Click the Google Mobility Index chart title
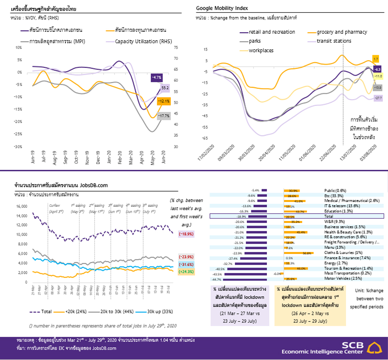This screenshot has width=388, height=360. tap(222, 8)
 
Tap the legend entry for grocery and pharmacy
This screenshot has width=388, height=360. tap(341, 32)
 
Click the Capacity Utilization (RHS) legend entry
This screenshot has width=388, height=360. tap(144, 41)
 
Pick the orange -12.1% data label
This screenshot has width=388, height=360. tap(163, 101)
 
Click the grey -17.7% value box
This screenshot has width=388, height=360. tap(165, 116)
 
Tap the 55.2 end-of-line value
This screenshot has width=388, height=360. tap(165, 88)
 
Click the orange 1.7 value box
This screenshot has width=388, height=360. tap(375, 59)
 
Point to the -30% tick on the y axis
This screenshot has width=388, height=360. tap(19, 147)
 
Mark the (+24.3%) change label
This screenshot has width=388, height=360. tap(186, 272)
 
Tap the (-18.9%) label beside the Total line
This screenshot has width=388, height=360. tap(186, 234)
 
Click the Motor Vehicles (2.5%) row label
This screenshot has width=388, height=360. tap(339, 279)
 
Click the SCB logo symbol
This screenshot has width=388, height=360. tap(376, 347)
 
